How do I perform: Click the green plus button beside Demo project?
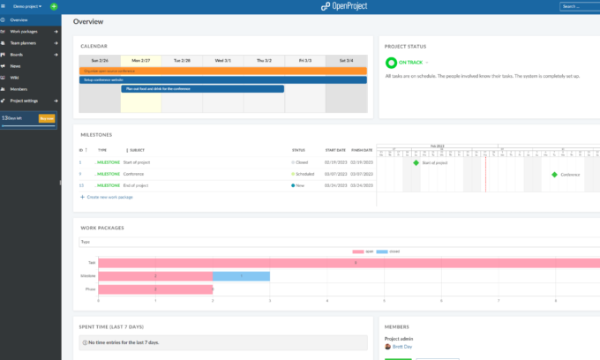click(54, 6)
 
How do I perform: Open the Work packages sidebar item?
click(24, 31)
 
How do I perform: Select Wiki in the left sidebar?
click(14, 78)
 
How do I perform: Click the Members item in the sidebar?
click(19, 89)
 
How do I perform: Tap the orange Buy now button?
click(48, 117)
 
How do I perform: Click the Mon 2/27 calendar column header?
click(140, 60)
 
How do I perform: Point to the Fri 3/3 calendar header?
click(304, 60)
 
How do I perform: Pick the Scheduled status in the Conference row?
click(304, 174)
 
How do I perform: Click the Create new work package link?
click(109, 197)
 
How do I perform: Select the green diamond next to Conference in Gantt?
click(554, 175)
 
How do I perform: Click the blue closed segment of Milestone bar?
click(241, 276)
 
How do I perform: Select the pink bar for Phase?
click(155, 289)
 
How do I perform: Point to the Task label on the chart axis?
click(91, 263)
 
